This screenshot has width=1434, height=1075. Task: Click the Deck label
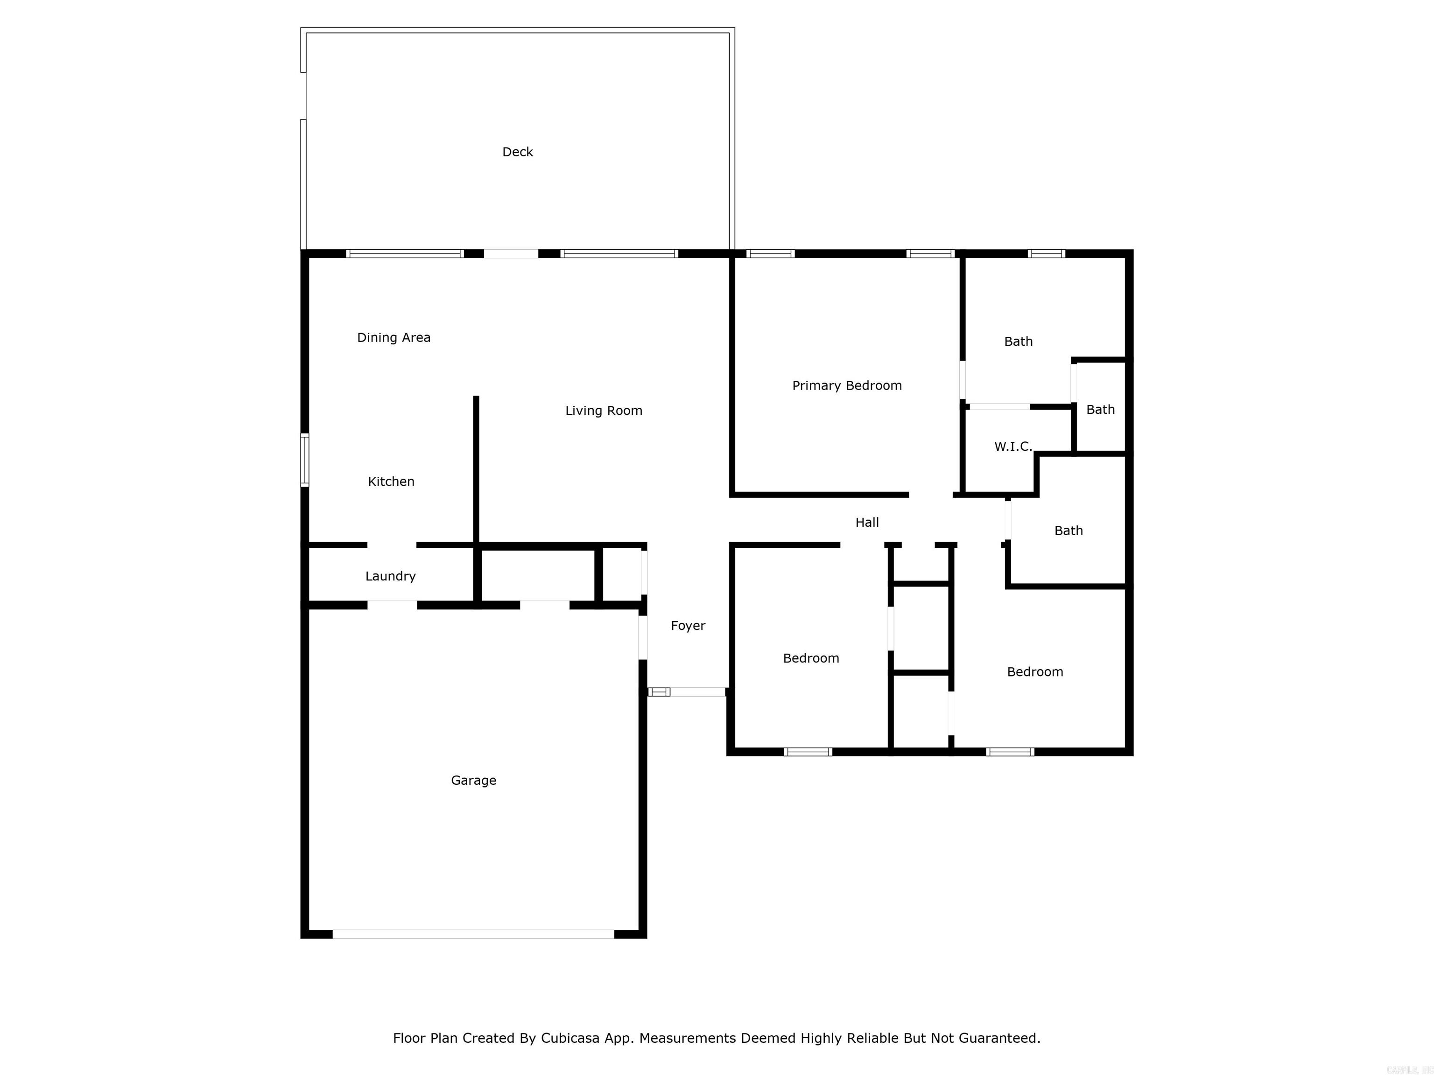click(517, 152)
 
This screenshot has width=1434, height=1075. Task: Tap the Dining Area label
click(394, 338)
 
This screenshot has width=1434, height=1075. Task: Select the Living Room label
click(604, 411)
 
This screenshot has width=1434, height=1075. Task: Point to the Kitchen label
click(391, 482)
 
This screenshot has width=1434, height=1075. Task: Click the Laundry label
click(390, 576)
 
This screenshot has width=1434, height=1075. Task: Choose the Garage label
click(473, 780)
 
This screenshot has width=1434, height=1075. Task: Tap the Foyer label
click(688, 625)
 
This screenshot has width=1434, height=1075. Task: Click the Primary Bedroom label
click(847, 385)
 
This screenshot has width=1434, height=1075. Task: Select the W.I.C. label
click(1012, 447)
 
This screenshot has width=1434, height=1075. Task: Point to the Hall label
click(867, 522)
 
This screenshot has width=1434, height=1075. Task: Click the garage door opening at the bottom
click(473, 934)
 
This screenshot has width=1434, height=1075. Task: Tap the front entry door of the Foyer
click(687, 692)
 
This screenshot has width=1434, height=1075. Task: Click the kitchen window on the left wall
click(304, 460)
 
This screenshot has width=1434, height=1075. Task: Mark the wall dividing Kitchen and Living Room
click(476, 470)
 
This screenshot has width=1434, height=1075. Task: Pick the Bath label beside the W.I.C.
click(1100, 410)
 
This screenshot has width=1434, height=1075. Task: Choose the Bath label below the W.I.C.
click(1068, 531)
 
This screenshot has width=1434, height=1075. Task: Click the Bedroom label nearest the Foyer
click(810, 658)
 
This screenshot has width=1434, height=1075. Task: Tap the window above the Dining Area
click(405, 253)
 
